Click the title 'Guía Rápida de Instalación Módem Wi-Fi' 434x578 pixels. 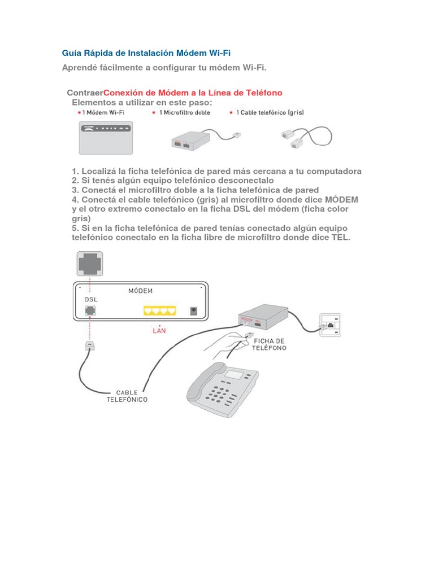pos(146,53)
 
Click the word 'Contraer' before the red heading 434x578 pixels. pos(85,93)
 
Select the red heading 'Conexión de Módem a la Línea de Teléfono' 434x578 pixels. pos(193,93)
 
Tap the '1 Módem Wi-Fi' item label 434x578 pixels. pos(102,112)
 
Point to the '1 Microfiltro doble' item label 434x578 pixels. pos(184,112)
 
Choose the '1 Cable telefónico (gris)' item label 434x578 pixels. pos(268,112)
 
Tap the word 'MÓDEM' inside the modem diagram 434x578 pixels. pos(140,291)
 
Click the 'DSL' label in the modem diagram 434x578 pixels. pos(91,299)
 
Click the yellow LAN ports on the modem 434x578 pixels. pos(160,310)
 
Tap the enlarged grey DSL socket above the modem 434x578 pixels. pos(90,264)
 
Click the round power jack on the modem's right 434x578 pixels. pos(194,311)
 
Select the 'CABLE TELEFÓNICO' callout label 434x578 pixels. pos(127,396)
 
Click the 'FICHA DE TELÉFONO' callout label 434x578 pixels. pos(270,344)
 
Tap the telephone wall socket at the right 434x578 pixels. pos(330,325)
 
